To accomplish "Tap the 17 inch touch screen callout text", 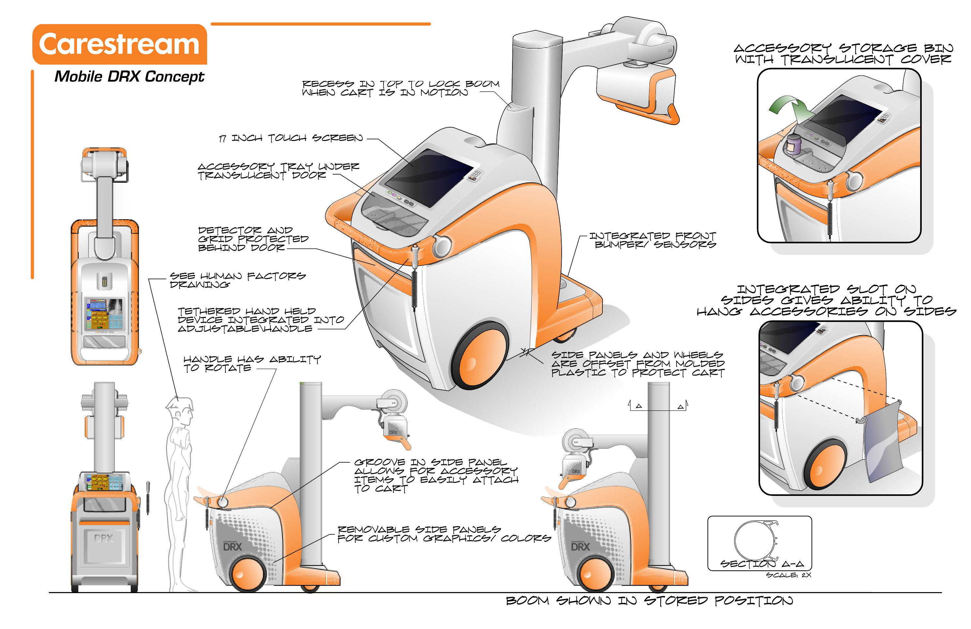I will pos(291,138).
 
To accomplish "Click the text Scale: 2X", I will pos(788,575).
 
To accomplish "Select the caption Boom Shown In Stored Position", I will pos(649,601).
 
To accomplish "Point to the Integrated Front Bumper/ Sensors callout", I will pos(652,240).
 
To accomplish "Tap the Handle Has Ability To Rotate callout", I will pos(252,363).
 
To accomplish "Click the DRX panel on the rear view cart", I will pos(104,543).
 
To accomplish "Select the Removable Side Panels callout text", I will pos(444,534).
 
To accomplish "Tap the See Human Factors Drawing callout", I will pos(237,280).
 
